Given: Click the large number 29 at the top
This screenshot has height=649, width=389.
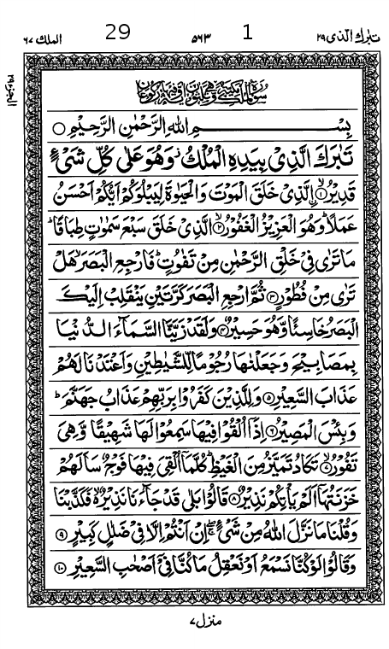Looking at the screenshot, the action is click(x=118, y=32).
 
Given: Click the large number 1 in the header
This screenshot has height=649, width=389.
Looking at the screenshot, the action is click(x=248, y=32).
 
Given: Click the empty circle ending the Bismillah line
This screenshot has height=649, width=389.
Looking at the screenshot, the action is click(x=58, y=129).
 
